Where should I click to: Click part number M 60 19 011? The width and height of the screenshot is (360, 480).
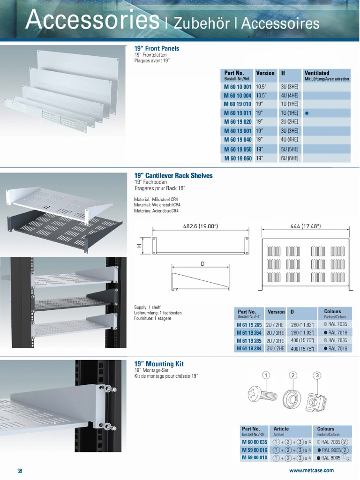[238, 113]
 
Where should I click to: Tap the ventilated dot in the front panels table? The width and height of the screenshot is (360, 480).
[307, 113]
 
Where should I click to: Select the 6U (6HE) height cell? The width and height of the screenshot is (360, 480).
[289, 158]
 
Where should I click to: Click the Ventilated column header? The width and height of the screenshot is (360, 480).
[317, 73]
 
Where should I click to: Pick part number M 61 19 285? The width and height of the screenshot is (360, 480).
[249, 341]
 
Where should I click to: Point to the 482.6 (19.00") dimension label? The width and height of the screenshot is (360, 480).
[200, 226]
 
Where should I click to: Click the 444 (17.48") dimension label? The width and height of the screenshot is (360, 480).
[305, 226]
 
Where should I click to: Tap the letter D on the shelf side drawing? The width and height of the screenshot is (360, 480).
[202, 264]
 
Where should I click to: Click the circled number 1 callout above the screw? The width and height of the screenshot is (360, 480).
[266, 375]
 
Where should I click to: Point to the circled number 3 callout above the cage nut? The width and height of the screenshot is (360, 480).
[317, 375]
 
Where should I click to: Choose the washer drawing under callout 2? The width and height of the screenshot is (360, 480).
[292, 399]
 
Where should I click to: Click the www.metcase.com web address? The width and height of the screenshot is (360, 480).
[312, 471]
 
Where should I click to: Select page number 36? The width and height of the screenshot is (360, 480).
[20, 471]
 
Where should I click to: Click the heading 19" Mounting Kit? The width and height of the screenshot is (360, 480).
[159, 364]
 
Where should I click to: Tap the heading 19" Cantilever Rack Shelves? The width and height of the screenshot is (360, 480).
[173, 176]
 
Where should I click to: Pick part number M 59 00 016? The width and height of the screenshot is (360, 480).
[255, 450]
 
